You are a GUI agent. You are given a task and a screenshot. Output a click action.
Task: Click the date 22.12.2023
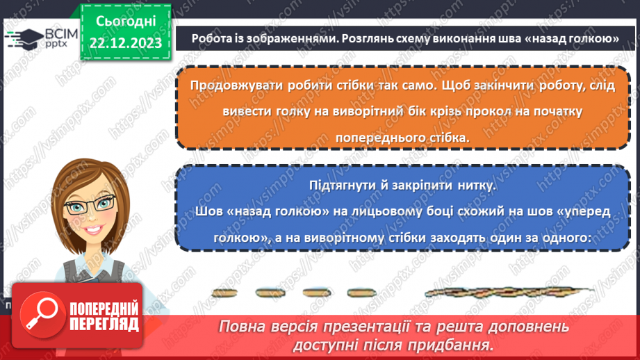(x=125, y=43)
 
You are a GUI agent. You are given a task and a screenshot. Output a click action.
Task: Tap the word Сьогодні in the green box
(x=125, y=22)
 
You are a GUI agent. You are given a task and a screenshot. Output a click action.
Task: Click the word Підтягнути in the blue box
(x=342, y=186)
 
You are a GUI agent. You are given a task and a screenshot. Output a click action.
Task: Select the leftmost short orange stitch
(x=224, y=293)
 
